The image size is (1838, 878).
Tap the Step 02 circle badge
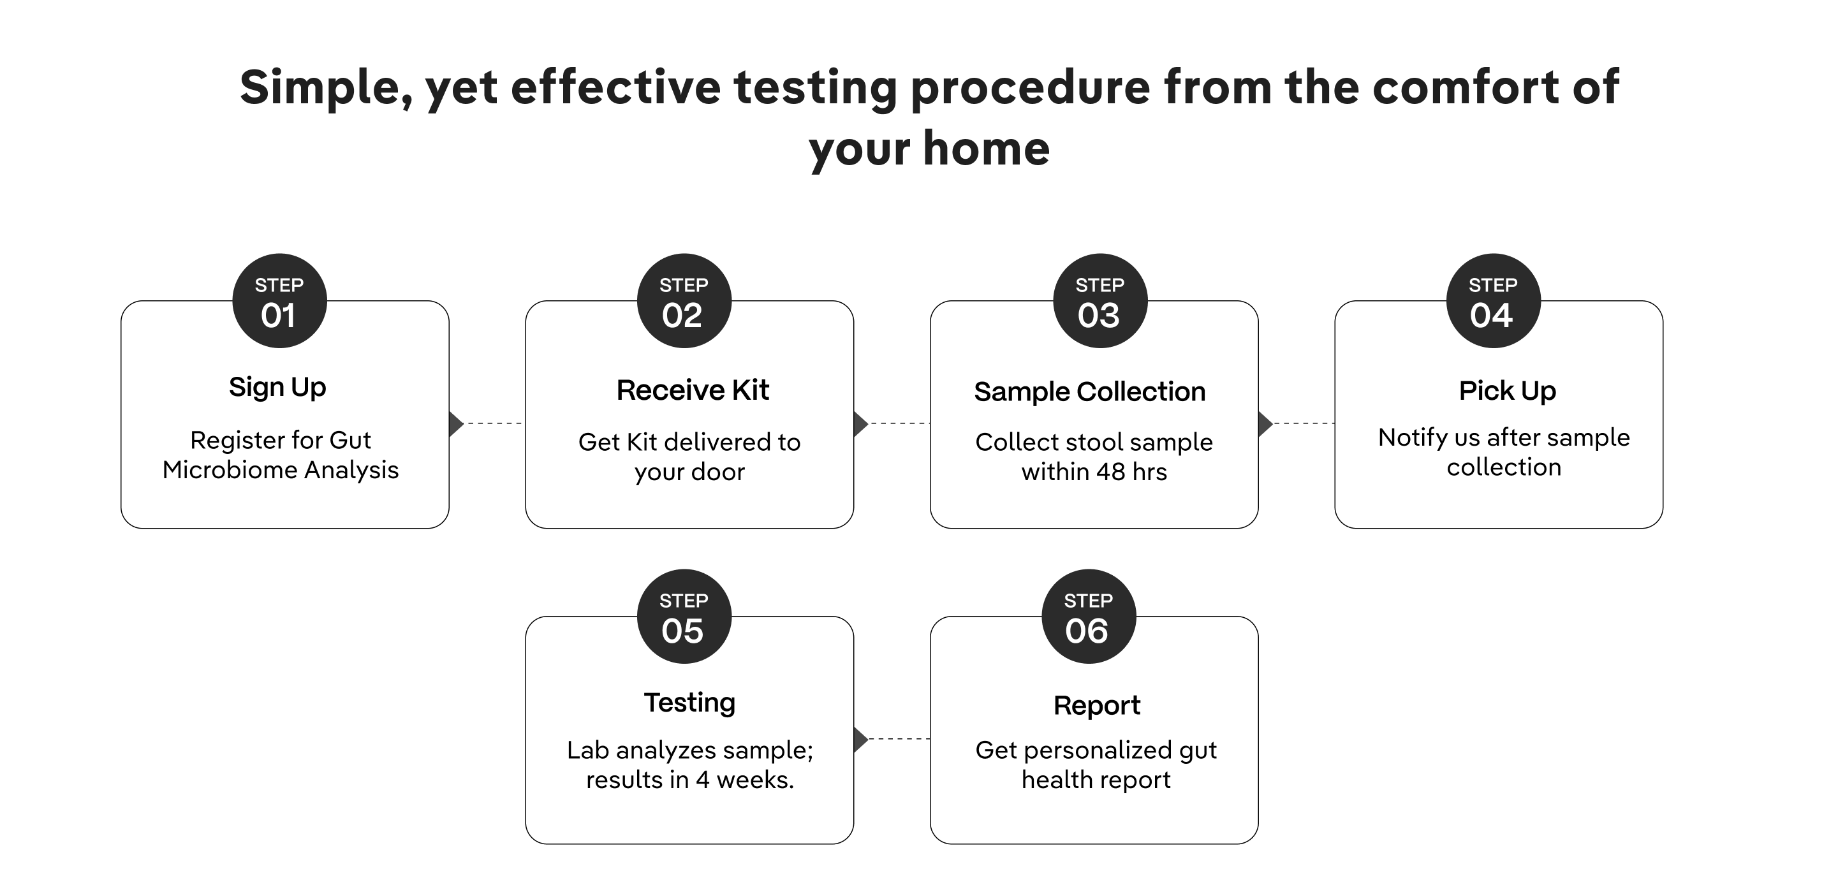click(x=684, y=301)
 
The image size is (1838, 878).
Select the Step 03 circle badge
click(x=1100, y=301)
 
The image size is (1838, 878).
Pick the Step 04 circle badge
click(x=1494, y=301)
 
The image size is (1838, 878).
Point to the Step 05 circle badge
click(x=684, y=616)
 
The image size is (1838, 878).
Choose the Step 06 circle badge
click(x=1089, y=616)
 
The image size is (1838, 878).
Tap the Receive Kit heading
click(x=693, y=390)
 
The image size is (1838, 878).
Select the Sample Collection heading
click(x=1089, y=391)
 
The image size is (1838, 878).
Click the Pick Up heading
click(x=1508, y=391)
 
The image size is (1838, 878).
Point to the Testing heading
click(x=690, y=703)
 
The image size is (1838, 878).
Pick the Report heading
click(x=1097, y=706)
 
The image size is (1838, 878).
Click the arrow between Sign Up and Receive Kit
click(x=486, y=423)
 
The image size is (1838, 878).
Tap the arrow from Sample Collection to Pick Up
click(x=1296, y=423)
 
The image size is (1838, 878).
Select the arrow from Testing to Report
click(x=892, y=739)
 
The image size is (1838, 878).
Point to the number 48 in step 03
click(x=1110, y=472)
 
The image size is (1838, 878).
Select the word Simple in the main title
click(x=326, y=89)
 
